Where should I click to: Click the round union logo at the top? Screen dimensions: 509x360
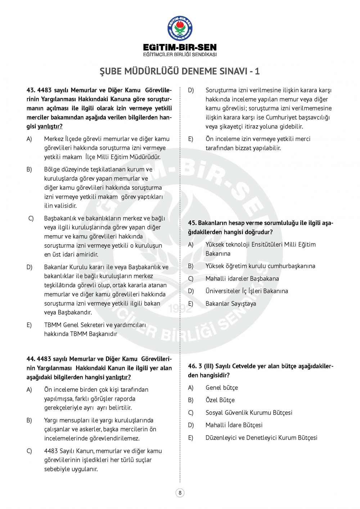(x=180, y=28)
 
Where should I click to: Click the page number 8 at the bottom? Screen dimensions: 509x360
(x=180, y=493)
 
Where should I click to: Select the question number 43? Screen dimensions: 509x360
(x=31, y=90)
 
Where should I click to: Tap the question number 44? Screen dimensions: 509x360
(x=31, y=359)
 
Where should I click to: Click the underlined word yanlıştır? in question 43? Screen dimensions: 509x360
(x=50, y=126)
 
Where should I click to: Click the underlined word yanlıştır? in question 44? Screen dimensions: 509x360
(x=118, y=377)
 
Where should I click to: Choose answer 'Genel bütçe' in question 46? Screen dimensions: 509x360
(x=221, y=388)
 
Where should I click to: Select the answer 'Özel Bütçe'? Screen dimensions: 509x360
(x=220, y=400)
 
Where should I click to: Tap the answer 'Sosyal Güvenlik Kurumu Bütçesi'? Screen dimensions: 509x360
(x=249, y=413)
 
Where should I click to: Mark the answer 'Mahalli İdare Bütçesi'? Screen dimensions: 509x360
(x=234, y=425)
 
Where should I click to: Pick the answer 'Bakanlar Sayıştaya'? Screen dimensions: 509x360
(x=231, y=304)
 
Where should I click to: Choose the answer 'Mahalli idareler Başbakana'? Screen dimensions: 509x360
(x=242, y=279)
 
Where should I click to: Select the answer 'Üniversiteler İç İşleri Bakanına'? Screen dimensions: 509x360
(x=247, y=291)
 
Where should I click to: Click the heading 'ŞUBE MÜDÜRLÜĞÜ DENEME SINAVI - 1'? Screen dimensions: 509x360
(x=180, y=71)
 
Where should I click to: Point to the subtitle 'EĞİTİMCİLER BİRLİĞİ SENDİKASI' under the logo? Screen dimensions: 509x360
(x=180, y=55)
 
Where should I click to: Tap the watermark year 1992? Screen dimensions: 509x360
(x=180, y=308)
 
